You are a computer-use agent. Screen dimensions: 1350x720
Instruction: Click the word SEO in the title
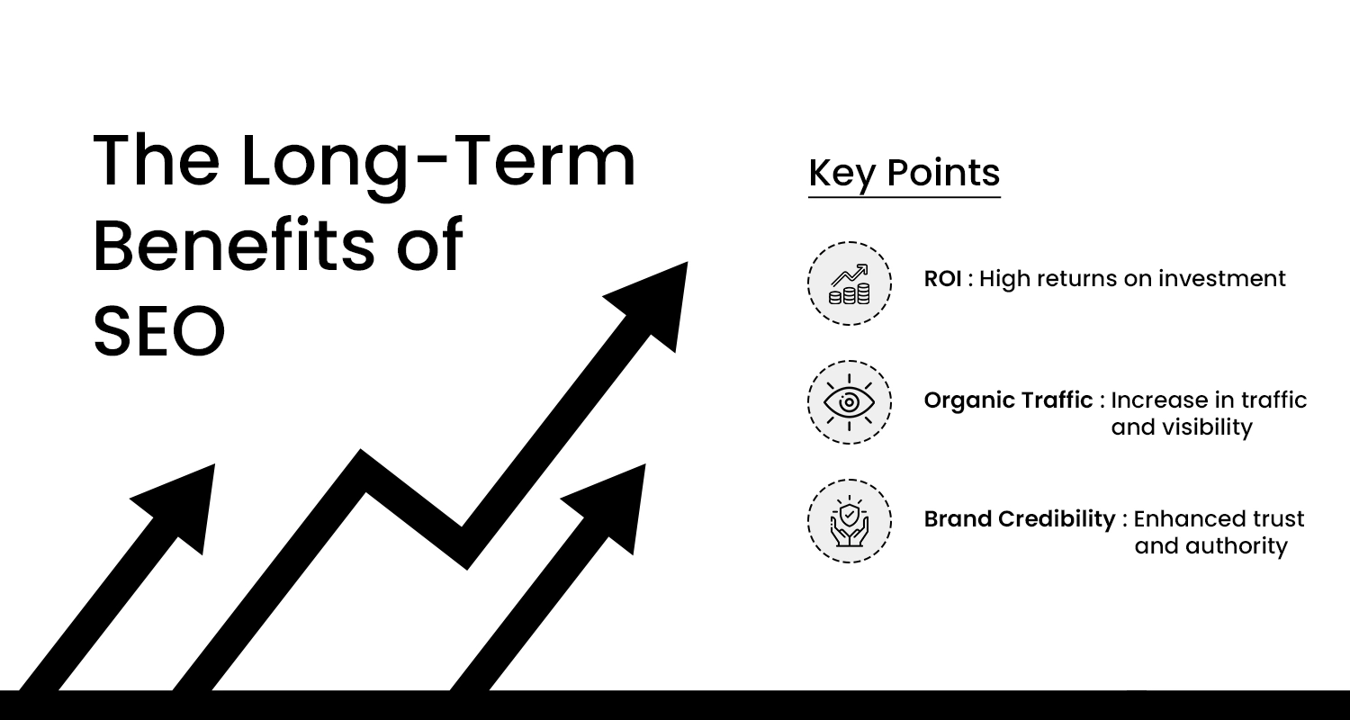pyautogui.click(x=159, y=332)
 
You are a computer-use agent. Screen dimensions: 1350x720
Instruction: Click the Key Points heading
pyautogui.click(x=904, y=173)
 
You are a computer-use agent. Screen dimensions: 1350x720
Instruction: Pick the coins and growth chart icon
pyautogui.click(x=850, y=283)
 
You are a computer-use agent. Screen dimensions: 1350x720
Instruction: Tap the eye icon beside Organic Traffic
pyautogui.click(x=850, y=402)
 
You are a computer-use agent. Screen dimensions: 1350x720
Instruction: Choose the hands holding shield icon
pyautogui.click(x=850, y=521)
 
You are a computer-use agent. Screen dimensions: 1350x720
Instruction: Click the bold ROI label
pyautogui.click(x=942, y=279)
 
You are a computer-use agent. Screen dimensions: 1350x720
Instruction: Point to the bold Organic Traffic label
pyautogui.click(x=1008, y=400)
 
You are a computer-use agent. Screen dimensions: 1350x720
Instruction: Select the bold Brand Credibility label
pyautogui.click(x=1020, y=518)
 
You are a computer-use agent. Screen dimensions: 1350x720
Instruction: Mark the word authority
pyautogui.click(x=1241, y=546)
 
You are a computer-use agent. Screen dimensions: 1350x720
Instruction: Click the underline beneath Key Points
pyautogui.click(x=904, y=197)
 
